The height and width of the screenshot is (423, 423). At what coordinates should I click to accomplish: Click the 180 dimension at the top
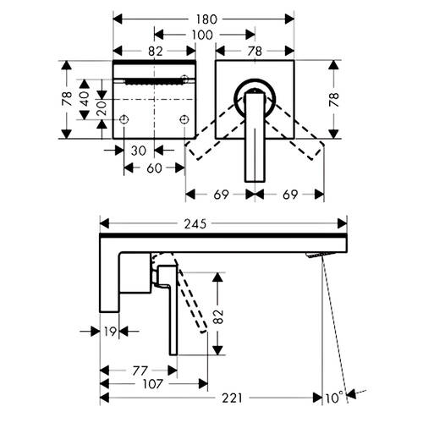[206, 19]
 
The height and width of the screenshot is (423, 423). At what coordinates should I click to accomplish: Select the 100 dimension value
[202, 36]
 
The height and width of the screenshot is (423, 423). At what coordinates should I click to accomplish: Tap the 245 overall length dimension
[195, 224]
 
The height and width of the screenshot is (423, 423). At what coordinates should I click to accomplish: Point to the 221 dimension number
[232, 398]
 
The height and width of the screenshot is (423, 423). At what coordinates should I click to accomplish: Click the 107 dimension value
[152, 384]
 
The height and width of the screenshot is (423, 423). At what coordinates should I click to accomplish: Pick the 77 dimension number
[140, 371]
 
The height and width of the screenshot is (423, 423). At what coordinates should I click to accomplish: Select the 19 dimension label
[110, 332]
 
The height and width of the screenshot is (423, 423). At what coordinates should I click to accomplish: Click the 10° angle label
[335, 398]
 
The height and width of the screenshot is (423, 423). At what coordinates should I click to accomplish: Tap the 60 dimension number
[154, 168]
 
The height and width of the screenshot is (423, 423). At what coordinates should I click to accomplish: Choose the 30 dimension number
[139, 151]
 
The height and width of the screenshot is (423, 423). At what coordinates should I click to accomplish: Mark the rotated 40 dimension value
[84, 98]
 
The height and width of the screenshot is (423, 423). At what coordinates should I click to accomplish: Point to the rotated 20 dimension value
[102, 107]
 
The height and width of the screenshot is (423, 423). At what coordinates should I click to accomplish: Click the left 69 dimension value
[221, 195]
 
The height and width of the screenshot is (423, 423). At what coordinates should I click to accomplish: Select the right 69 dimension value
[290, 195]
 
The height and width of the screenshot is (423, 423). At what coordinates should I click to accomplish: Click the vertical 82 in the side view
[218, 316]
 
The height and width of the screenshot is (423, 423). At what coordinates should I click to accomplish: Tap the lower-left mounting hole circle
[124, 119]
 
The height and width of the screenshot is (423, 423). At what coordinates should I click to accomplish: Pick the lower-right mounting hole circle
[184, 119]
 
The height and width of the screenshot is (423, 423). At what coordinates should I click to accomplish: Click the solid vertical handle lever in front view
[255, 137]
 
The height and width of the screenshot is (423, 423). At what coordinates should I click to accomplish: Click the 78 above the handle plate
[255, 52]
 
